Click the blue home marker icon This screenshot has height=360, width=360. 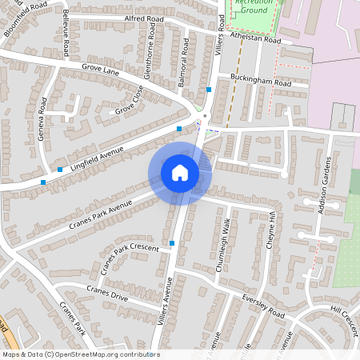180,172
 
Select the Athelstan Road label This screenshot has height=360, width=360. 255,38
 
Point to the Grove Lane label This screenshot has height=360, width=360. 99,71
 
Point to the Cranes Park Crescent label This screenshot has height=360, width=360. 127,258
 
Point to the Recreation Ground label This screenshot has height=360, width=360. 250,7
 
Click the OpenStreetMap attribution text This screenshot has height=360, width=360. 81,354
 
